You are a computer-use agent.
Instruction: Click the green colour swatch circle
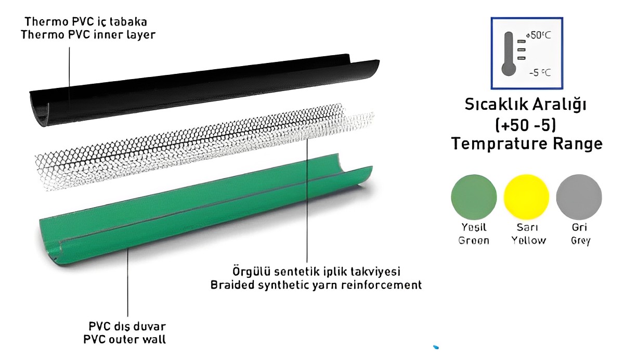coord(474,197)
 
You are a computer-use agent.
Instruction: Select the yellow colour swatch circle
coord(526,197)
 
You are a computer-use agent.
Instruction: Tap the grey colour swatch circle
coord(579,197)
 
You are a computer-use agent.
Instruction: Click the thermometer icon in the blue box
coord(509,54)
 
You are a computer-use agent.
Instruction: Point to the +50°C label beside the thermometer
coord(539,35)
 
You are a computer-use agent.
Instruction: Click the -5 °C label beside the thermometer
coord(540,73)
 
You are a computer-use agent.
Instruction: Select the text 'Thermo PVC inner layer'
coord(88,35)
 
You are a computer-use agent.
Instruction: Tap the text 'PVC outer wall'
coord(124,339)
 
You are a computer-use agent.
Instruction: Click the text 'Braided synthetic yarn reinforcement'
coord(316,285)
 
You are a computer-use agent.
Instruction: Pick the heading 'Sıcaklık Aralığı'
coord(525,105)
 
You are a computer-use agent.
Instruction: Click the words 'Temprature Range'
coord(527,144)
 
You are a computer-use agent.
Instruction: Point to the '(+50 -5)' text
coord(526,125)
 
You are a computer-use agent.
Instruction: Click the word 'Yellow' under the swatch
coord(528,240)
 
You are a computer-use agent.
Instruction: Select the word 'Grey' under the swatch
coord(580,241)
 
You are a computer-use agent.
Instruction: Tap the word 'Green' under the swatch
coord(474,240)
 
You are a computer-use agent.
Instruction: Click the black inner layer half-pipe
coord(204,89)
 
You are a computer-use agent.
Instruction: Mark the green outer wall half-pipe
coord(205,210)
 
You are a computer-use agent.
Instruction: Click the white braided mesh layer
coord(204,147)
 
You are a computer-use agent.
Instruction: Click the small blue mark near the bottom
coord(436,347)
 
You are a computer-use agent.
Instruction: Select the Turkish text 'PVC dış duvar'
coord(127,326)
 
